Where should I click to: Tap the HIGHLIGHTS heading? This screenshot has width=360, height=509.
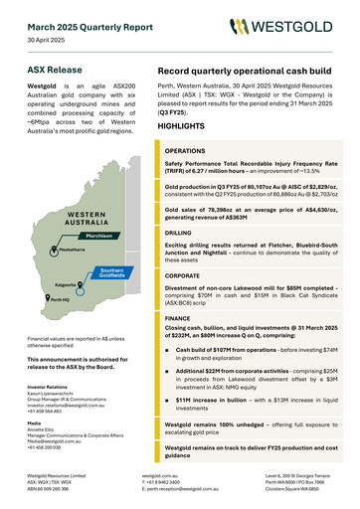[183, 127]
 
